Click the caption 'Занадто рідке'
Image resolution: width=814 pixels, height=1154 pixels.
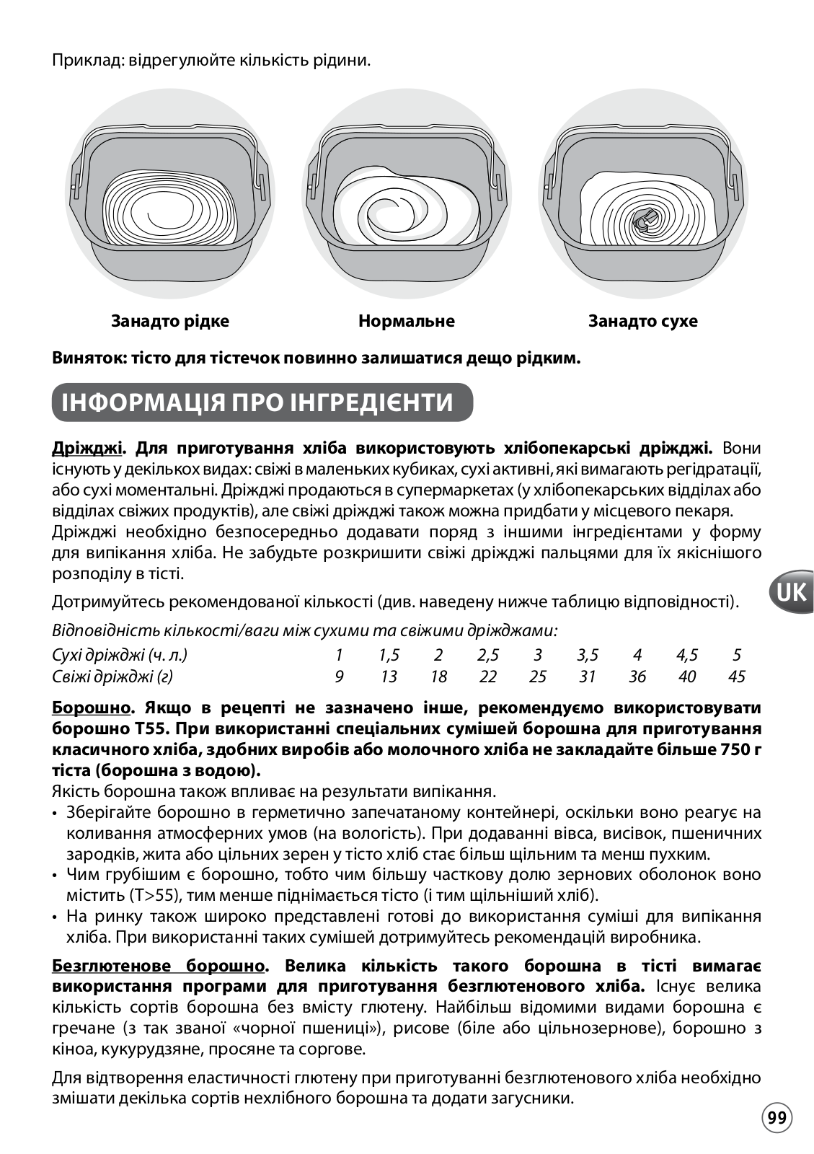(x=169, y=321)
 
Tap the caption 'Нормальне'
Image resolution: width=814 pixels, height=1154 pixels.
(x=407, y=321)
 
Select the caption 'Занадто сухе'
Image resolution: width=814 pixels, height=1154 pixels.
(x=643, y=321)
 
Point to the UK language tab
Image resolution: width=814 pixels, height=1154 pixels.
(x=791, y=592)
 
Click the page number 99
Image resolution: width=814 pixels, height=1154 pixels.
(x=777, y=1118)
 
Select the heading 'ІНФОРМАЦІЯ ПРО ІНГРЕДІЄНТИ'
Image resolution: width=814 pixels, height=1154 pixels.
(x=257, y=402)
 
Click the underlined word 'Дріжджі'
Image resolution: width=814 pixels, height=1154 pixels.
(x=87, y=448)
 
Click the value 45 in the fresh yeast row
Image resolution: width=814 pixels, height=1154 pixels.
(x=736, y=677)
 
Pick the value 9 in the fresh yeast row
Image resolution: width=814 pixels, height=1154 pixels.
(x=339, y=677)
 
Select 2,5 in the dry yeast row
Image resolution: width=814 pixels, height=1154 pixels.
(x=488, y=656)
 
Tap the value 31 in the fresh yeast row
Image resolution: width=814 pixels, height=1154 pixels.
(x=588, y=677)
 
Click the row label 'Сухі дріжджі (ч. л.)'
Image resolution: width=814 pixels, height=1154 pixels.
(x=120, y=656)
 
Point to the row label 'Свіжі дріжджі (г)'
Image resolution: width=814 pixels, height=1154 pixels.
(x=112, y=677)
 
